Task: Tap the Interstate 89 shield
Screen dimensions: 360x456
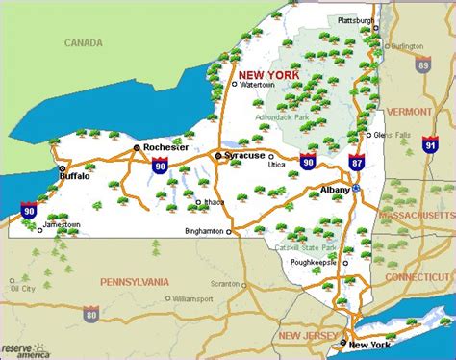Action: [x=424, y=65]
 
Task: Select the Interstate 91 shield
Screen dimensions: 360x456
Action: [x=430, y=144]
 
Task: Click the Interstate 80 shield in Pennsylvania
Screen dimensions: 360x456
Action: [x=90, y=314]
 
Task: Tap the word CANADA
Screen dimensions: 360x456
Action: [x=85, y=42]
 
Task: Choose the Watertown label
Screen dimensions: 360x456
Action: [x=257, y=85]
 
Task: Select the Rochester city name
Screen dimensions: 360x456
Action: [x=163, y=147]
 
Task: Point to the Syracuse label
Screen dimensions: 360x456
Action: [x=243, y=155]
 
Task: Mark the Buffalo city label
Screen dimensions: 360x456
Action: [x=74, y=176]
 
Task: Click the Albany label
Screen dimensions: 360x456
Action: [x=335, y=190]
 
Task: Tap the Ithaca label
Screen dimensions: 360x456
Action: [x=215, y=203]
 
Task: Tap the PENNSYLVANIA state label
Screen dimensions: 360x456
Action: [x=135, y=281]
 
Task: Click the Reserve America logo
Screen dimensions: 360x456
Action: [x=27, y=347]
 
